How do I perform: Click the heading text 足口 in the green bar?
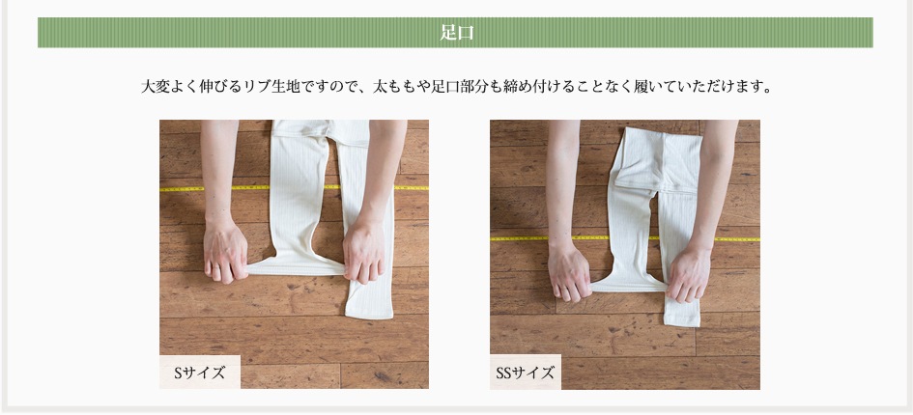456,33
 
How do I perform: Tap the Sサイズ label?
200,373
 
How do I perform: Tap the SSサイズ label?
526,373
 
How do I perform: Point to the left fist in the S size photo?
226,252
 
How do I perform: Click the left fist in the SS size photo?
569,272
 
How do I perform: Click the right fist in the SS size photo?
689,273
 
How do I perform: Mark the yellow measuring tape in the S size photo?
294,188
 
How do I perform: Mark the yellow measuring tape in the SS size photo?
625,238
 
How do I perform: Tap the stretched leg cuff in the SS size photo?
629,286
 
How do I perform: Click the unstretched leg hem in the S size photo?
369,310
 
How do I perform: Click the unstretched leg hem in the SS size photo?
682,318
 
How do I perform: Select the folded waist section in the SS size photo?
658,159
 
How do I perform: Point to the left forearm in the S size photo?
219,169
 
